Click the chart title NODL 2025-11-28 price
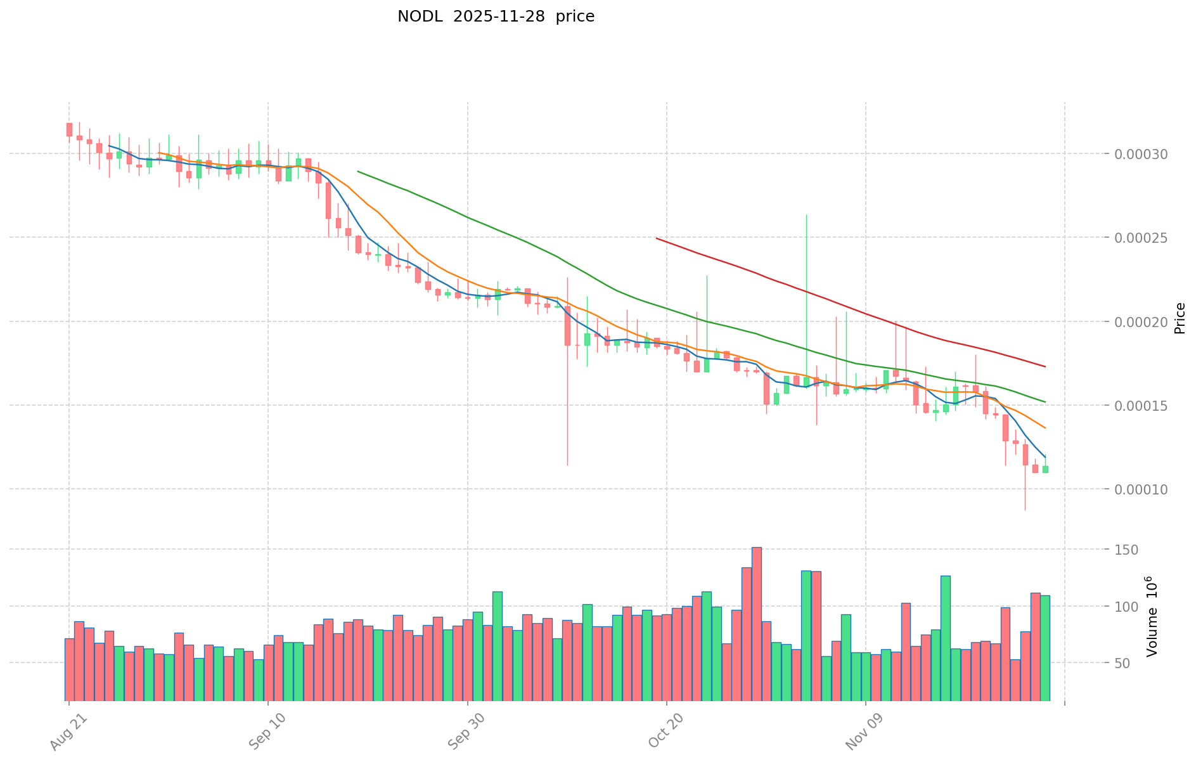(496, 16)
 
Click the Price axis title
(1180, 318)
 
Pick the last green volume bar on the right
(1045, 647)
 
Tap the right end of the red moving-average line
(1045, 366)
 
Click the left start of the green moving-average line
(358, 171)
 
